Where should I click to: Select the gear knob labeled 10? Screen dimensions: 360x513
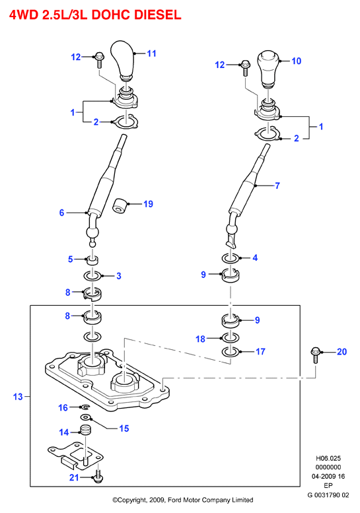click(268, 69)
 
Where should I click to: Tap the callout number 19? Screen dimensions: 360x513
click(148, 204)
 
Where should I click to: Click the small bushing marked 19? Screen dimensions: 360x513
click(120, 206)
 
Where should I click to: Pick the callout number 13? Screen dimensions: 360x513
click(18, 397)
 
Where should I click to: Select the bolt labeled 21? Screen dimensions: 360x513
click(98, 476)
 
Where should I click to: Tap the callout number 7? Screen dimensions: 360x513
click(277, 186)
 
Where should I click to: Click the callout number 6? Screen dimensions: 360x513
click(61, 213)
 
